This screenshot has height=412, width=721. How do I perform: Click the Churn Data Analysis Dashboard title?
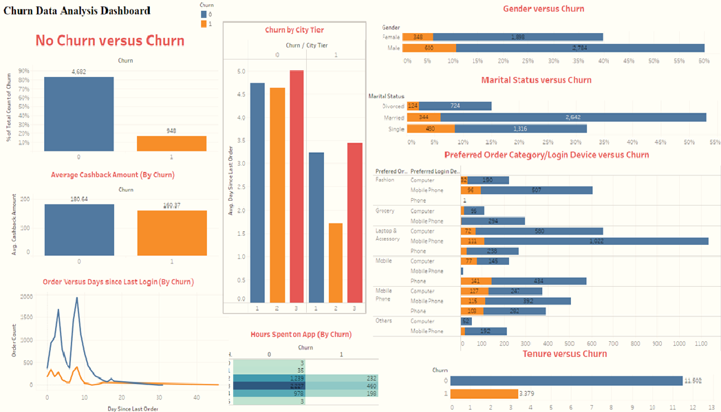pos(76,11)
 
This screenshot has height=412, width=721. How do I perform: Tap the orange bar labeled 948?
pos(171,143)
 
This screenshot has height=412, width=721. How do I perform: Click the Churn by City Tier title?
pos(294,30)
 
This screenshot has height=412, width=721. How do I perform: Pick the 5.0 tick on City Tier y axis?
pos(241,72)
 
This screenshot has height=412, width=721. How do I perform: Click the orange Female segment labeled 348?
pos(418,37)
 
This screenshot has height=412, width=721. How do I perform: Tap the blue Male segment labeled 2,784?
pos(579,48)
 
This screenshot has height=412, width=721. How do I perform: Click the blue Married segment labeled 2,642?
pos(573,118)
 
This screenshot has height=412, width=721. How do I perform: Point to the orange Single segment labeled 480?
pos(431,129)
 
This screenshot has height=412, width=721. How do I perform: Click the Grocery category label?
pos(385,211)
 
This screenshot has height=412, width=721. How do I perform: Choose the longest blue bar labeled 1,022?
pos(596,241)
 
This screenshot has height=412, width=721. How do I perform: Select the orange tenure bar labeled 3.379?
pos(484,394)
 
